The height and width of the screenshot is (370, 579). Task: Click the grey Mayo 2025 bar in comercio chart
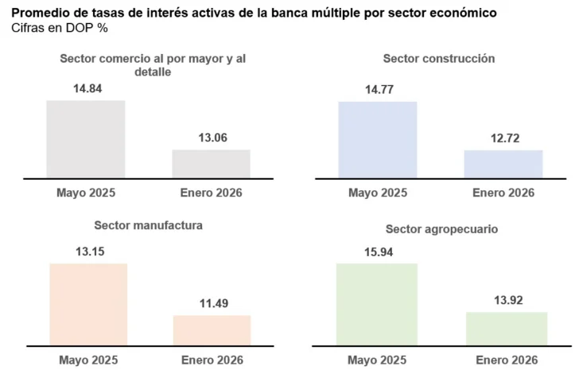(x=86, y=138)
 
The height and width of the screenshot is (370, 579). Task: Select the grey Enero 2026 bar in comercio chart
(x=211, y=163)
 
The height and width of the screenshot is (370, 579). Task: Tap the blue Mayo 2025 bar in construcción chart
(x=377, y=139)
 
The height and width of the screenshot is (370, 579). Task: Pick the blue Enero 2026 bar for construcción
(x=503, y=164)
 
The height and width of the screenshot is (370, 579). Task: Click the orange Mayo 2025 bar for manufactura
(x=87, y=304)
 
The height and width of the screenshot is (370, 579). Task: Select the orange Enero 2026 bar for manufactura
(x=212, y=330)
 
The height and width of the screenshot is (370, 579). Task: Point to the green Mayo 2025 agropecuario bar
(x=377, y=304)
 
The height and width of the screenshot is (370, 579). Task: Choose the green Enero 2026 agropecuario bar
(x=506, y=329)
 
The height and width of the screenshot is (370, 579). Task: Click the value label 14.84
(x=86, y=88)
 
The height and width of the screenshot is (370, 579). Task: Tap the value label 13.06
(x=212, y=137)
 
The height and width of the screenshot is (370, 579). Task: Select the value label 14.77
(x=377, y=89)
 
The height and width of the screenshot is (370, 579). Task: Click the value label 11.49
(x=212, y=302)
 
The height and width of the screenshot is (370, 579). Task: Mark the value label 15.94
(x=377, y=251)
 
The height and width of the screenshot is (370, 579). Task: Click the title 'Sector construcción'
(x=438, y=58)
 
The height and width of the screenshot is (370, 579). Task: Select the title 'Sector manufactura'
(x=148, y=225)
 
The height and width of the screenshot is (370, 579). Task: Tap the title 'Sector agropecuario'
(x=441, y=228)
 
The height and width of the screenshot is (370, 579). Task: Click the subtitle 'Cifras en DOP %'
(x=60, y=28)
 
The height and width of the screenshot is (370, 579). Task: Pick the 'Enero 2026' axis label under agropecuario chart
(x=507, y=360)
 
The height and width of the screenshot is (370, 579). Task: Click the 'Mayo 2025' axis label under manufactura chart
(x=87, y=360)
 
